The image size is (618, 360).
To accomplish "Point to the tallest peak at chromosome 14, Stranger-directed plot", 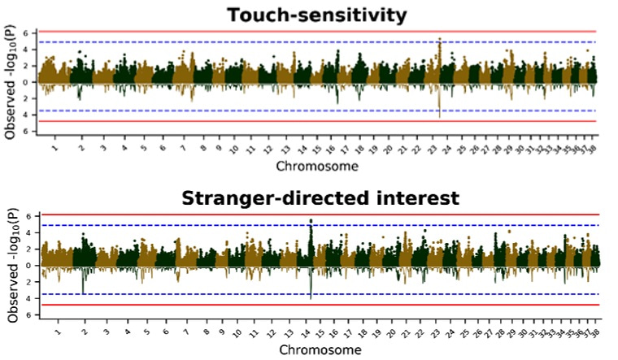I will (311, 220).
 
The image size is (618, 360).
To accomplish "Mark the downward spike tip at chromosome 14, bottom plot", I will (311, 299).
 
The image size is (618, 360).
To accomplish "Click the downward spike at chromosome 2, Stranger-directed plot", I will (83, 293).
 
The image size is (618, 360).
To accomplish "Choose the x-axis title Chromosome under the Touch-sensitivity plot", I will (316, 166).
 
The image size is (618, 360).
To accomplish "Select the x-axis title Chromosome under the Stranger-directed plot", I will (316, 349).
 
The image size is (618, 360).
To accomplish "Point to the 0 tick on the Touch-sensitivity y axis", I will (25, 82).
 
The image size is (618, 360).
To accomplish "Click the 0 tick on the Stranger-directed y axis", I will (25, 266).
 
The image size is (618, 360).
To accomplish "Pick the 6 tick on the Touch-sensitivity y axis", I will (25, 33).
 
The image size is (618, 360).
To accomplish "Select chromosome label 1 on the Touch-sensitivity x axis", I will (54, 149).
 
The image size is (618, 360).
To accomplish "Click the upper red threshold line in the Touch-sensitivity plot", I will (244, 32).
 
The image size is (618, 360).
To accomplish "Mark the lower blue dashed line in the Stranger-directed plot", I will (244, 293).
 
